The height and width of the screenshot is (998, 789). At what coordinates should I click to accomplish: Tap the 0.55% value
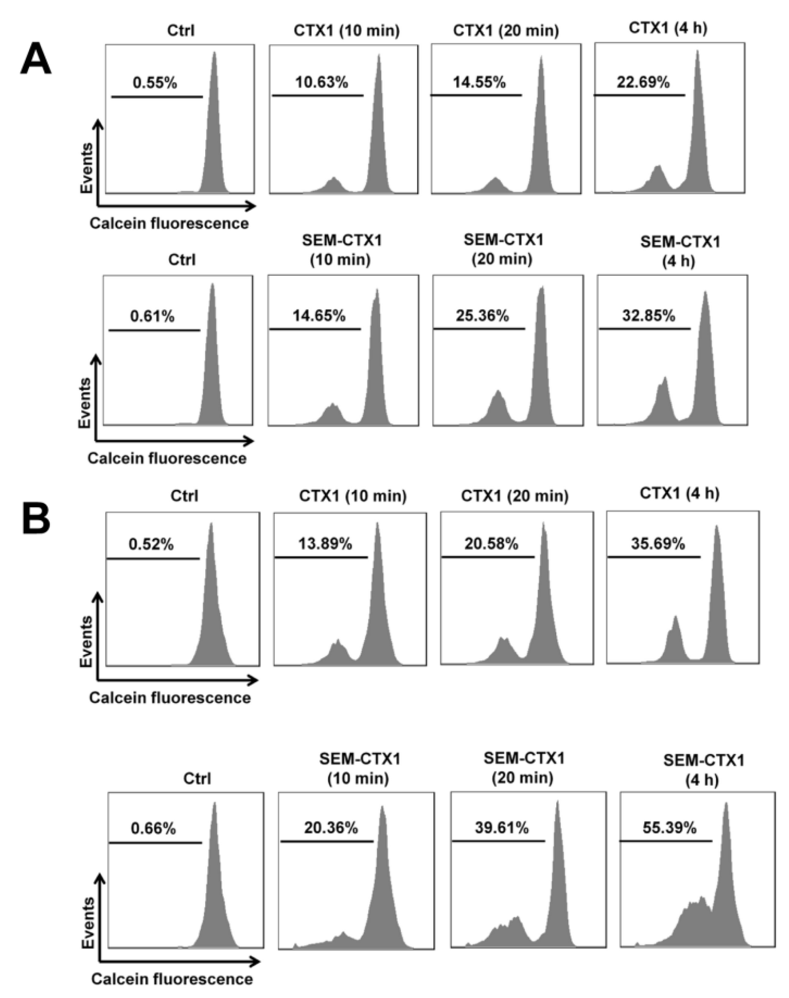point(155,83)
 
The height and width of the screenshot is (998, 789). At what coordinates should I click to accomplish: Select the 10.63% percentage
point(321,83)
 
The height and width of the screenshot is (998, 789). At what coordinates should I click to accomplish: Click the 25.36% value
point(482,316)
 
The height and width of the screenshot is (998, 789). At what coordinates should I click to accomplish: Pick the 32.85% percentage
point(649,316)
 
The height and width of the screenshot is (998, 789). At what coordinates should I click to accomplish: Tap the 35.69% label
point(658,544)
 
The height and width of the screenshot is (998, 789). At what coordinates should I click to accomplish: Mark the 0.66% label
point(153,829)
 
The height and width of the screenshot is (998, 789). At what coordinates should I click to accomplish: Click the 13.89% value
point(325,544)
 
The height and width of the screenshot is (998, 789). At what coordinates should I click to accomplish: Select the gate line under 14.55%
point(476,96)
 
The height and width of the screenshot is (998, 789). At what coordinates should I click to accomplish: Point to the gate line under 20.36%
point(327,841)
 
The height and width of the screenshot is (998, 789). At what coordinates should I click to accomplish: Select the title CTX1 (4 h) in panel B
point(679,493)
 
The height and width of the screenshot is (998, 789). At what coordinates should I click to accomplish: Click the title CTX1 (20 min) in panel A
point(506,31)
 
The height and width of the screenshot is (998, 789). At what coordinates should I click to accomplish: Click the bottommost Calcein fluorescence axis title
point(172,979)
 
